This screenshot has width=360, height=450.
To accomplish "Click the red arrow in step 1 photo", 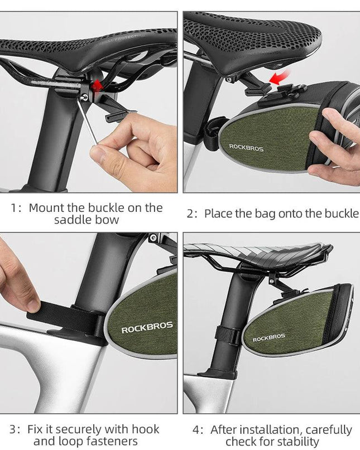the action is tap(97, 85).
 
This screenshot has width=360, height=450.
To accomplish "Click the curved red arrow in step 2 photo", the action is tap(280, 78).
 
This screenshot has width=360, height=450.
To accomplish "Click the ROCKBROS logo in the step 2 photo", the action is tap(246, 148).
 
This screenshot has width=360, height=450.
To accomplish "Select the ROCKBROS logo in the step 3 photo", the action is tap(147, 327).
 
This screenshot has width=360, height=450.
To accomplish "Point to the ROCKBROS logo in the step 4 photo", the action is tap(268, 337).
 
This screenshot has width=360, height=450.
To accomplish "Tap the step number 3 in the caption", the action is tap(13, 429).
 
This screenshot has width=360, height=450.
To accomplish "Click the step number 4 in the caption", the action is tap(196, 430).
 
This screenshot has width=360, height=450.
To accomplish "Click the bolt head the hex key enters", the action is tap(84, 98).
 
